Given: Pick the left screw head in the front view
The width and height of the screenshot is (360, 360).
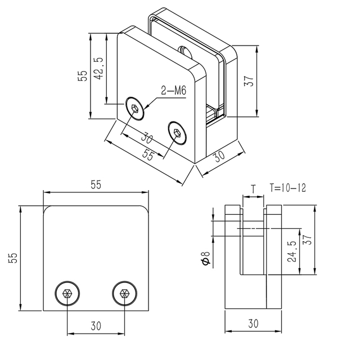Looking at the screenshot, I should tap(67, 293).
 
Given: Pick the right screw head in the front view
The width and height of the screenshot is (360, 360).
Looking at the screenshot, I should tap(124, 293).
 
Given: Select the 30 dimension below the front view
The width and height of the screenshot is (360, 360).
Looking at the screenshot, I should tap(96, 325).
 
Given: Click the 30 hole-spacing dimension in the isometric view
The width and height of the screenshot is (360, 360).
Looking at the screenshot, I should tap(148, 138).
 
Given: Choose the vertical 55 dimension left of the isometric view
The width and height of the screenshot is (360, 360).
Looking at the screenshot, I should tap(82, 76).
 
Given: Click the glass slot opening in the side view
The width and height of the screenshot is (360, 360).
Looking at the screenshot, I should tap(253, 242).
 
